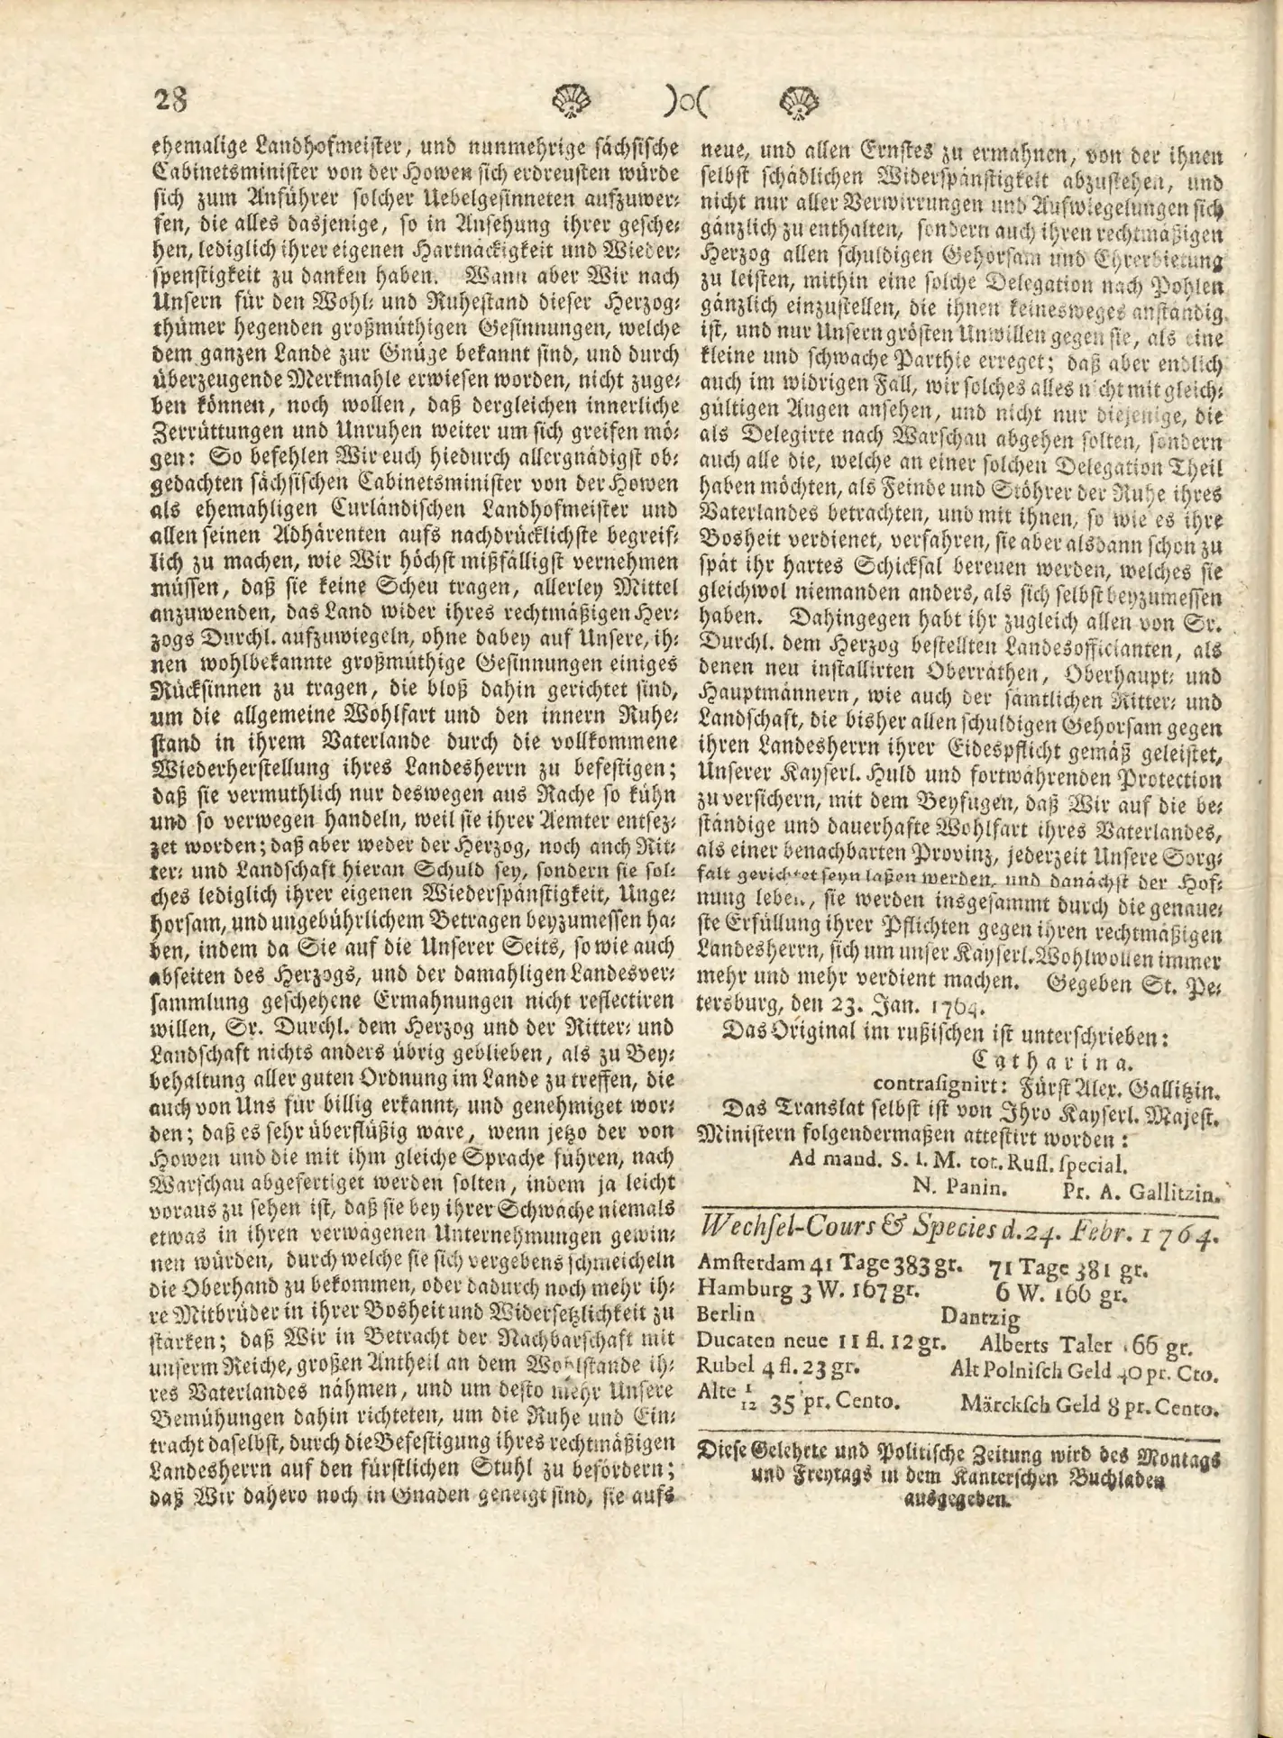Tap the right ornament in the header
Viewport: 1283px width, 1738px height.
coord(799,99)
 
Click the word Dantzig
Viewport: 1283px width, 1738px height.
coord(980,1317)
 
